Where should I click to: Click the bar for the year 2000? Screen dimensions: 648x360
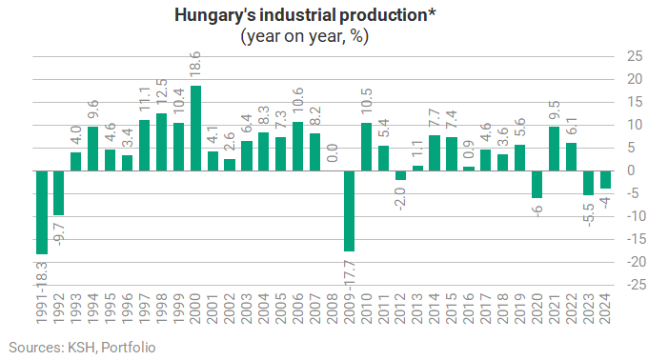(195, 129)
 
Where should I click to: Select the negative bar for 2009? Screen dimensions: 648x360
(349, 211)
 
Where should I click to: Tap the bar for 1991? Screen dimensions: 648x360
(42, 212)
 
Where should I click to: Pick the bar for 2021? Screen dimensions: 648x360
(554, 149)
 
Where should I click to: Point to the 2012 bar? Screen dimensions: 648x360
(400, 175)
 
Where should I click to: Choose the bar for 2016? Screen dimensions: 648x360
(469, 169)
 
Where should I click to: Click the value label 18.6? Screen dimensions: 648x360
(195, 64)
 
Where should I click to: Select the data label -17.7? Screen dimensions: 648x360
(349, 273)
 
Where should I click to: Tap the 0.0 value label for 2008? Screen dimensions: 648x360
(332, 153)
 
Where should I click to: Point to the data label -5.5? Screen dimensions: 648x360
(588, 214)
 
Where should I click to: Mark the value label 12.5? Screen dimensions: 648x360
(161, 91)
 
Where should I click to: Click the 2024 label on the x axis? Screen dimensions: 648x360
(605, 309)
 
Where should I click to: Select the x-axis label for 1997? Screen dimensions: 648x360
(144, 309)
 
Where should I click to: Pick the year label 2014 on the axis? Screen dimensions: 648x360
(435, 309)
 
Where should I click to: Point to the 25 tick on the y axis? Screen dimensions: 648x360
(635, 56)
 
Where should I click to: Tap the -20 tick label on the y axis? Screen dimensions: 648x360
(635, 262)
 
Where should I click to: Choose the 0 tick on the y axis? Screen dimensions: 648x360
(631, 170)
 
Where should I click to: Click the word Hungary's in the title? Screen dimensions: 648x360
(215, 15)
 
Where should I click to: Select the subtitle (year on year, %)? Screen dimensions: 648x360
(305, 36)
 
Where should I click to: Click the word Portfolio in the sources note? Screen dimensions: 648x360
(128, 348)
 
